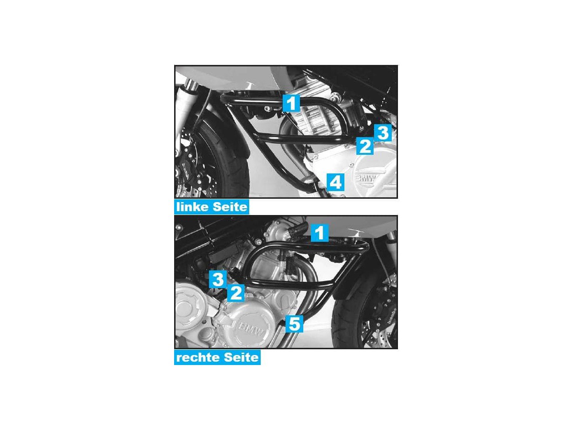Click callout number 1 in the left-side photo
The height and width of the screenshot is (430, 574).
[x=291, y=103]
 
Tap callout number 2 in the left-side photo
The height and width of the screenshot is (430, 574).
[x=365, y=146]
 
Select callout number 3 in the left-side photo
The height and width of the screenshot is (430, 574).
[x=383, y=133]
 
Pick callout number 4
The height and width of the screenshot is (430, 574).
[x=335, y=182]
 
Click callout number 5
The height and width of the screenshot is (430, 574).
[x=294, y=324]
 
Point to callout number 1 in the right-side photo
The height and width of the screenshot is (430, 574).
[x=320, y=233]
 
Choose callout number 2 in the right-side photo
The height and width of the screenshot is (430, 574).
[x=236, y=292]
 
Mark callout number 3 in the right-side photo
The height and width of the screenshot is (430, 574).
[x=218, y=279]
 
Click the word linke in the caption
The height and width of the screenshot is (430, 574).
[x=193, y=207]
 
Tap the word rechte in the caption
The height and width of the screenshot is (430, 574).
[x=198, y=358]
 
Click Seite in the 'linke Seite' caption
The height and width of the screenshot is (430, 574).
[x=230, y=207]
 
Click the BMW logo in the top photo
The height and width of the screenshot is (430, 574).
[x=365, y=179]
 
